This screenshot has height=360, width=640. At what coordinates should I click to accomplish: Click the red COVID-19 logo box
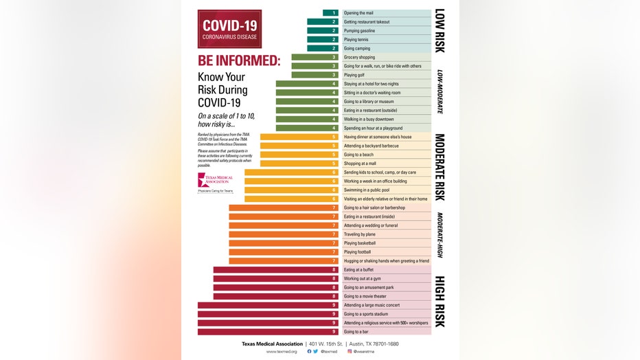pos(229,28)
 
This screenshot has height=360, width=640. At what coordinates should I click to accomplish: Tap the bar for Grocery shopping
pos(316,57)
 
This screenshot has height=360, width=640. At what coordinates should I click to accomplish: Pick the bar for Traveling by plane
pos(284,234)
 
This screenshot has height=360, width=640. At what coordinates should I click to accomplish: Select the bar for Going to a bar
pos(268,332)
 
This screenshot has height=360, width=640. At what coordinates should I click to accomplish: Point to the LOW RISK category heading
pos(440,31)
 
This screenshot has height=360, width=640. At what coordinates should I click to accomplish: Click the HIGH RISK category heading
pos(440,302)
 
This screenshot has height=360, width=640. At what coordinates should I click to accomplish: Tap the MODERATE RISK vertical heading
pos(440,167)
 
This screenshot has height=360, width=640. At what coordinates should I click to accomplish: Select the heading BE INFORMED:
pos(239,60)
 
